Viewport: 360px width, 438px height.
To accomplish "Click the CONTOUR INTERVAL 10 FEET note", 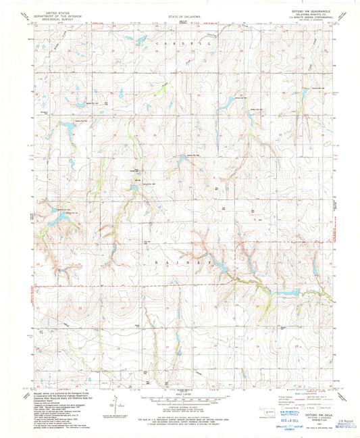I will (x=180, y=408).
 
